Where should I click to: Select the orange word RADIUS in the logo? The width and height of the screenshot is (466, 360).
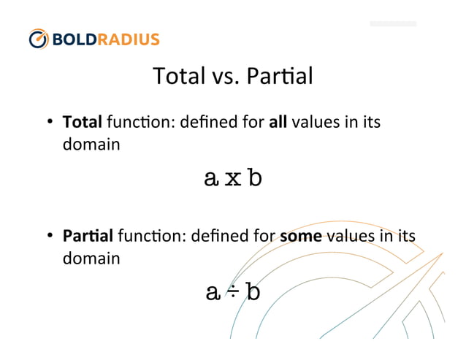pos(131,39)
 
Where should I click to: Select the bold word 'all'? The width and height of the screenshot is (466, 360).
pos(278,122)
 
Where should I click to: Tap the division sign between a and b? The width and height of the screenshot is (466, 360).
pos(233,292)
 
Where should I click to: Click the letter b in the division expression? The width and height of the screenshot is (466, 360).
pos(253,291)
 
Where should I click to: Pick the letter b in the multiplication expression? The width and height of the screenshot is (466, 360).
pos(253,177)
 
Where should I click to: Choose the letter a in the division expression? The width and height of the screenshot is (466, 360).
pos(213,293)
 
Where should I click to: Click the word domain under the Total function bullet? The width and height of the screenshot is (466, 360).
pos(90,145)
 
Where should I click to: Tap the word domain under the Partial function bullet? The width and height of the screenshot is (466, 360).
pos(90,258)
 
